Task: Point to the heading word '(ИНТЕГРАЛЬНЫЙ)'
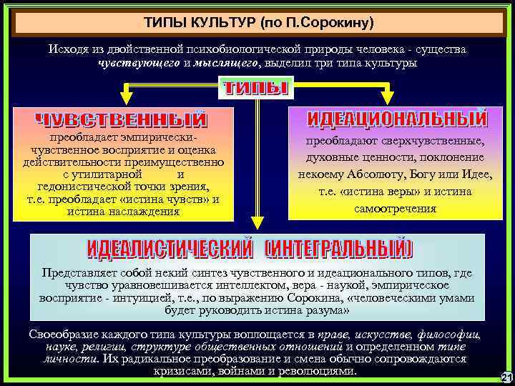(x=339, y=249)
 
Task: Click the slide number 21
(x=506, y=377)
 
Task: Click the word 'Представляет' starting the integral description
(x=75, y=272)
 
